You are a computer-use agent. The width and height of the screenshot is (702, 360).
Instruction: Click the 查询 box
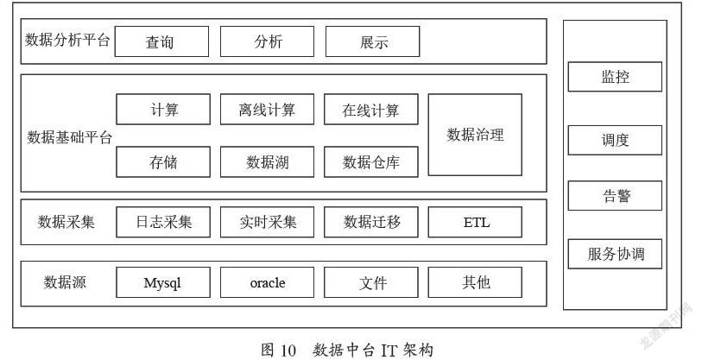161,41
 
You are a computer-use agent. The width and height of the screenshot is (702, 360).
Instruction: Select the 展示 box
372,41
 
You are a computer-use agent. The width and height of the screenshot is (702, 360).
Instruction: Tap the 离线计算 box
268,110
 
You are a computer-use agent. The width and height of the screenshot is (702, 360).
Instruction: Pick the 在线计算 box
371,110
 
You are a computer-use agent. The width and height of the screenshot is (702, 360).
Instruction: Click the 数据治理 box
475,135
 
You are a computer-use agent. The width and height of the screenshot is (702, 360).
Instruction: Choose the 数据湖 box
268,161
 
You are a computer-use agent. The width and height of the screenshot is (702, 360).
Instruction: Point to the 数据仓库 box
371,161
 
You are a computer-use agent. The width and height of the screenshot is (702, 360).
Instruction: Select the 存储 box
163,161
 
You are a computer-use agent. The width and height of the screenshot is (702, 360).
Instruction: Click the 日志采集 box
163,222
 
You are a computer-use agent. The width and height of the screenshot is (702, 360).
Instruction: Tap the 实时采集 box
268,222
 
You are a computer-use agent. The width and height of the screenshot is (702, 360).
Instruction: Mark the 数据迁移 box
371,222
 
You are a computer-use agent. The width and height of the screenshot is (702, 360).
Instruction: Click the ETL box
475,222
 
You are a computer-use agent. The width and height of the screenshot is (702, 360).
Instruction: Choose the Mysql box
163,282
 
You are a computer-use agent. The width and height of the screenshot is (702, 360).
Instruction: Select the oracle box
268,282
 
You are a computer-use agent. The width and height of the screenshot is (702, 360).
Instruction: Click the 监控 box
615,77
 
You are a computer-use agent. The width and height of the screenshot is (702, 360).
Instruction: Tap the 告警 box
615,196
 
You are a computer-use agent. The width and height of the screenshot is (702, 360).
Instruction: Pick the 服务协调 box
615,254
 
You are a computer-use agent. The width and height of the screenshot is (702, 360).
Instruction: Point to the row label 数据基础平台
69,137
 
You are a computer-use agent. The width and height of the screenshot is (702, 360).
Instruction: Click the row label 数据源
65,282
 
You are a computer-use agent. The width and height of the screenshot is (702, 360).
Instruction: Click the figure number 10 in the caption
288,351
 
